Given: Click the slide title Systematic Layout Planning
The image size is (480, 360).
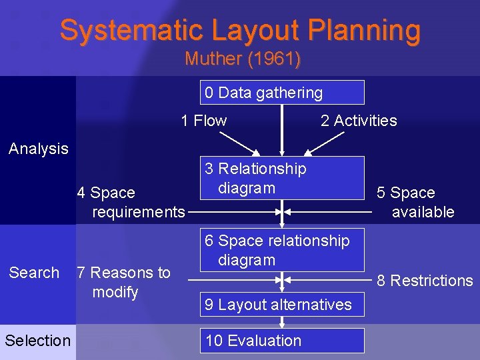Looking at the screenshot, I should point(240,31).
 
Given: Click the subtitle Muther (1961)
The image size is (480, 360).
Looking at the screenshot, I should point(243,59).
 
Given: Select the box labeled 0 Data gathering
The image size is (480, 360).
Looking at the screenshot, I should point(282,93).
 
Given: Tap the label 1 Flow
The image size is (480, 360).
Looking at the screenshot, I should point(204,121).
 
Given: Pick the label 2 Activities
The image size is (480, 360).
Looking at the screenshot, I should point(359,121).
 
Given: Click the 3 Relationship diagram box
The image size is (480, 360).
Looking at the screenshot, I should point(282,178).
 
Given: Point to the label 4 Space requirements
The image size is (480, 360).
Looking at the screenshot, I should point(131,203).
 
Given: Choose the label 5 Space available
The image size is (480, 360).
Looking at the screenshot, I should point(415,203).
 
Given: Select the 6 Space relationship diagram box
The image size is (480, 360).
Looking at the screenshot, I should point(282,250).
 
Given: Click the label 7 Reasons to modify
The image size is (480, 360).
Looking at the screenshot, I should point(123,282).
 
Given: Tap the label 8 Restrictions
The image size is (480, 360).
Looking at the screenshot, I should point(425,281).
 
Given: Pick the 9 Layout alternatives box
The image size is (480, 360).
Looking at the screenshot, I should point(282,305).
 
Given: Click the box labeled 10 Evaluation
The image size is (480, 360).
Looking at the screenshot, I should point(282,341).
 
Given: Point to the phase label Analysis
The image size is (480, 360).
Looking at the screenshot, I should point(39,149).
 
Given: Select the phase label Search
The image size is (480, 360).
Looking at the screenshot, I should point(34,273).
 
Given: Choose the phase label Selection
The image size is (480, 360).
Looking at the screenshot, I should point(37,341).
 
